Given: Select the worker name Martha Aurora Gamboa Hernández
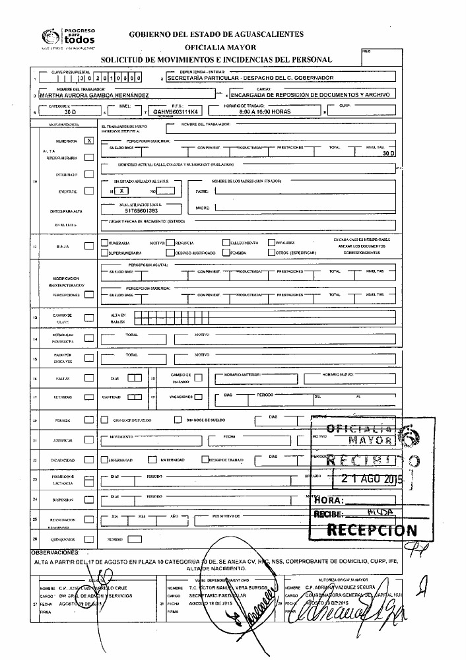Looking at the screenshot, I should pos(94,95).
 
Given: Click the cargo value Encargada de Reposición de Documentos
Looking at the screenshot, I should pos(310,95).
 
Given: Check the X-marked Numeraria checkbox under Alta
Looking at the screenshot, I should pos(89,141).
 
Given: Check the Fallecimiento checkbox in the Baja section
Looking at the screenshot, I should pos(226,242).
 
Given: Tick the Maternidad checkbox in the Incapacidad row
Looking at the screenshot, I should pos(152,459).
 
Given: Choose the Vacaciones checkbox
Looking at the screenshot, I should pos(197,397).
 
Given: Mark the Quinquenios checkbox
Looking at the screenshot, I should pos(89,539).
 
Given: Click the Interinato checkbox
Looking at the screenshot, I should pos(89,174).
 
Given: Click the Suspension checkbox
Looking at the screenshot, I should pos(89,500).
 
